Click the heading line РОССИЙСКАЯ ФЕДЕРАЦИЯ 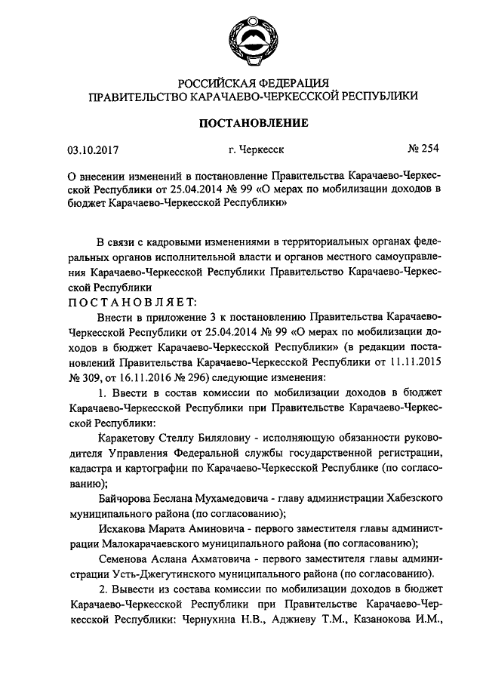click(x=252, y=82)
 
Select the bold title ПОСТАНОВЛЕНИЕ click(x=252, y=122)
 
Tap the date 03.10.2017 click(x=90, y=150)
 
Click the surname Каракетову click(x=132, y=439)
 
